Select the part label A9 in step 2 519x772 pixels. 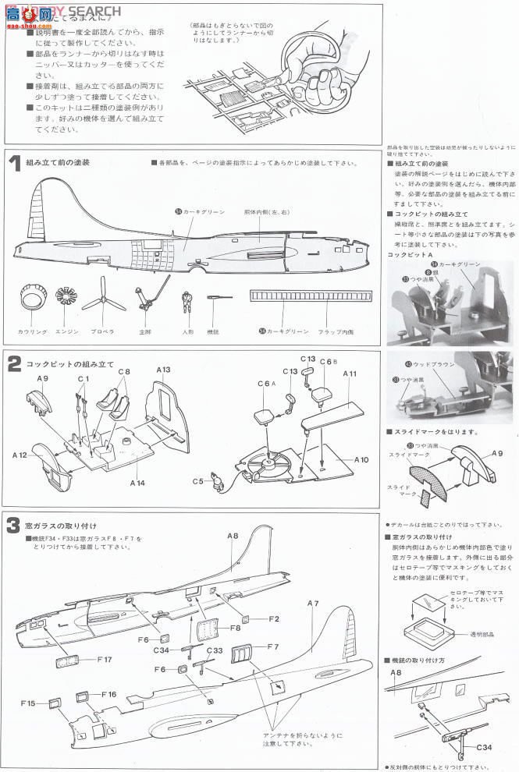click(x=41, y=378)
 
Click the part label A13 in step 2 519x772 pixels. click(x=163, y=370)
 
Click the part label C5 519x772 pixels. click(x=198, y=481)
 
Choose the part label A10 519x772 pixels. click(x=361, y=459)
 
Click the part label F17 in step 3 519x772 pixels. click(x=105, y=659)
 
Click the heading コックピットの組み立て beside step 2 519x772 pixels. click(x=70, y=364)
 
